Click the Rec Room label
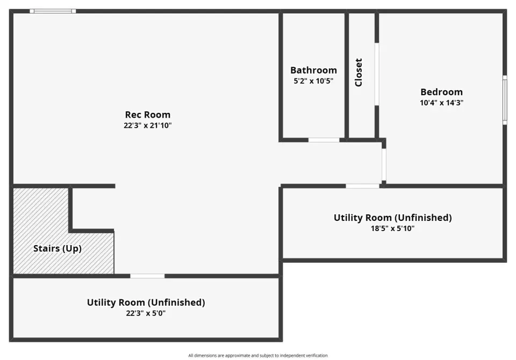pos(148,114)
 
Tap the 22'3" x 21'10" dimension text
pos(148,125)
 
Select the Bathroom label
pos(313,70)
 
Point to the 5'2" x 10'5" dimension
pos(313,81)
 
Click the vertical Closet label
pos(359,73)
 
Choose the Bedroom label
pos(442,92)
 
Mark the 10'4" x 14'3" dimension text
pos(442,103)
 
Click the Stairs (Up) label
pos(58,248)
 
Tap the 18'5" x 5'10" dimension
pos(392,228)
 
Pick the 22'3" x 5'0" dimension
pos(146,313)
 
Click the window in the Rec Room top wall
pos(53,11)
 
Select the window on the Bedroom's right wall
pos(505,100)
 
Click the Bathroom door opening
pos(324,140)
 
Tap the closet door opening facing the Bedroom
pos(377,74)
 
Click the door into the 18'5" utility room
pos(362,186)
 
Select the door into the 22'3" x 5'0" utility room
pos(147,276)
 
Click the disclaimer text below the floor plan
pos(258,355)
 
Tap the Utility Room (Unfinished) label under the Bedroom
pos(392,218)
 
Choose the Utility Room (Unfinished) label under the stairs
pos(146,303)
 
